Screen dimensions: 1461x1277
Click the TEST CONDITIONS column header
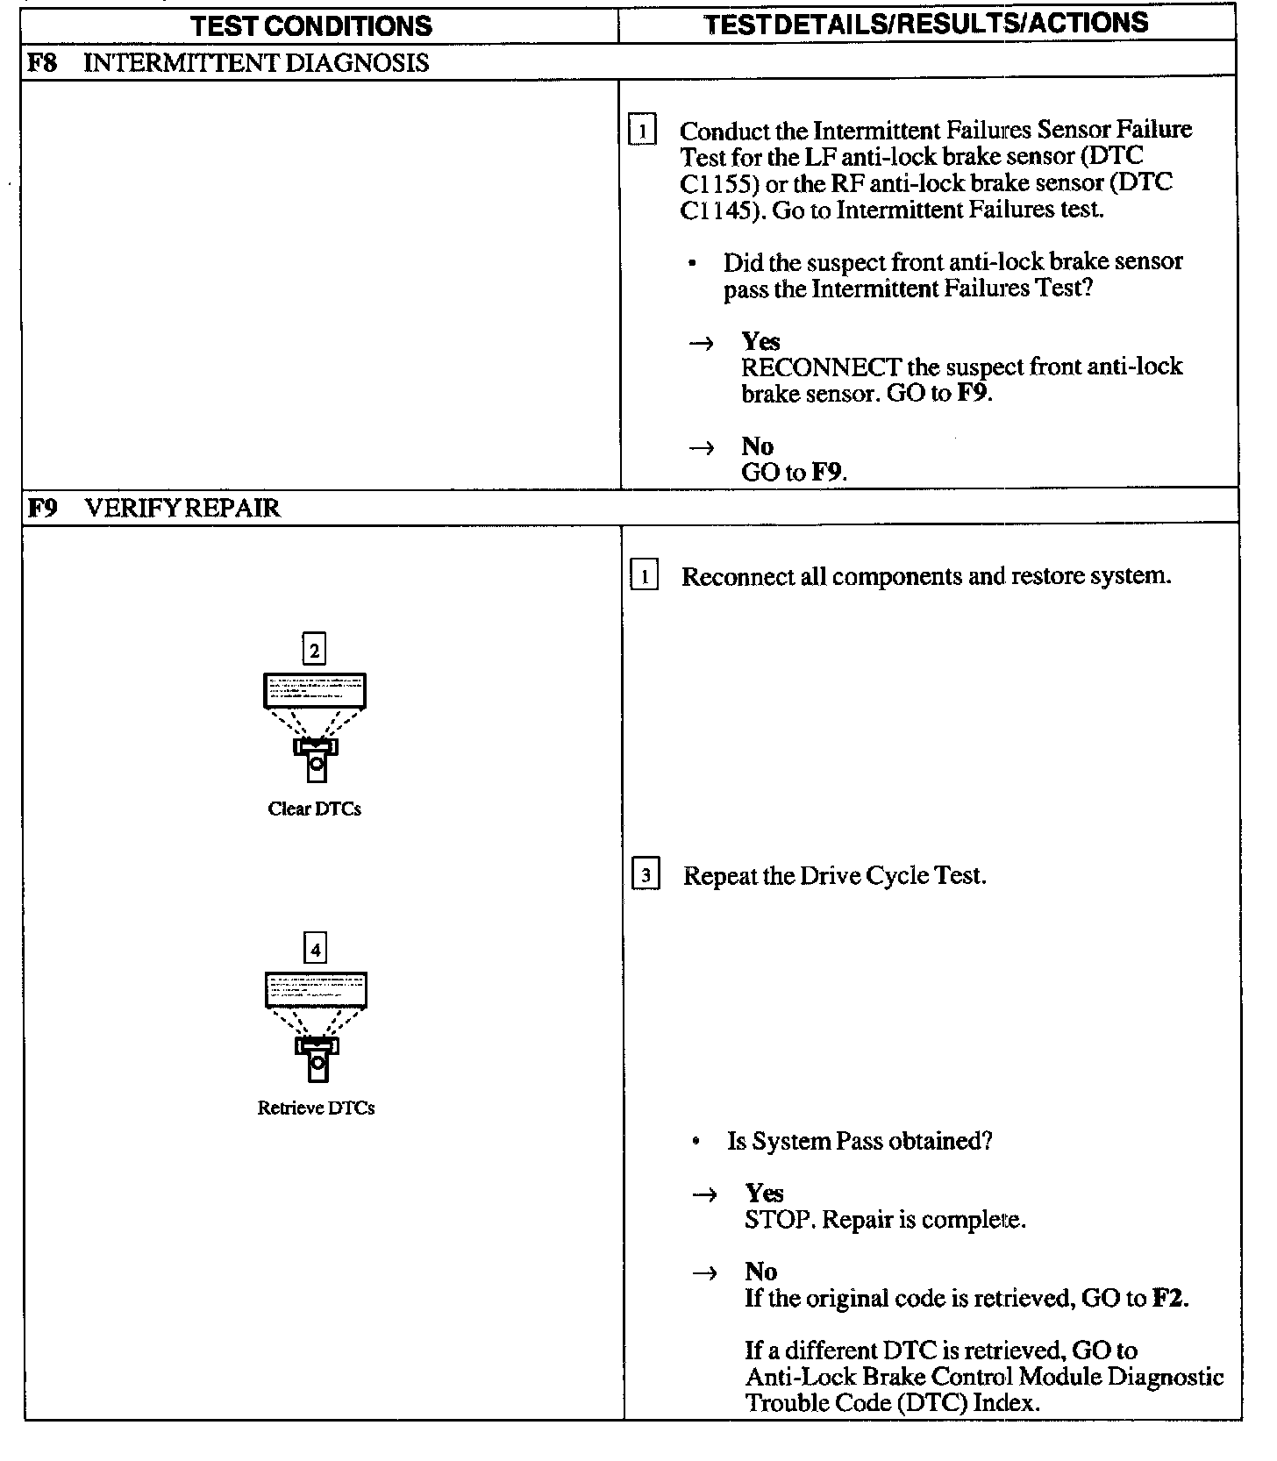click(x=311, y=25)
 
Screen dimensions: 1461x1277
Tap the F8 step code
click(x=44, y=62)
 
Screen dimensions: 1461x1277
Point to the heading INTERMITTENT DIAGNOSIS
click(x=256, y=63)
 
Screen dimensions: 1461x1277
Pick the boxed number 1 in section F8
click(x=643, y=131)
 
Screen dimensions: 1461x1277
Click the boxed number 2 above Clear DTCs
click(x=314, y=650)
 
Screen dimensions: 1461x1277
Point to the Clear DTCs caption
click(x=314, y=809)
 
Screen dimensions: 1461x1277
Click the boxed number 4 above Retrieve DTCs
click(x=315, y=949)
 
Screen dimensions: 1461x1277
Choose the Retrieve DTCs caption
click(x=316, y=1108)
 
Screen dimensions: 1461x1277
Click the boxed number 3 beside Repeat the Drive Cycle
click(x=646, y=875)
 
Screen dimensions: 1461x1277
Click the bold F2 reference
click(x=1168, y=1298)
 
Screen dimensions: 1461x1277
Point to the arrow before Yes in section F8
click(x=701, y=343)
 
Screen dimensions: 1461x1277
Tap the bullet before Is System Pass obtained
click(x=696, y=1142)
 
